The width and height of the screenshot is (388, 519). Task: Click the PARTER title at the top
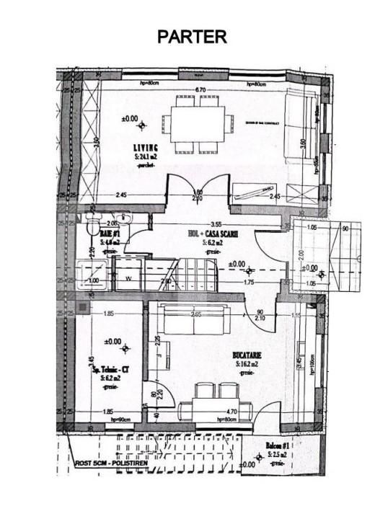(193, 37)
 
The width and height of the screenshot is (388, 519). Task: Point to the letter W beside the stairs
(128, 279)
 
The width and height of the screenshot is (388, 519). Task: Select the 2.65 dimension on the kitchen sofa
(195, 314)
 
